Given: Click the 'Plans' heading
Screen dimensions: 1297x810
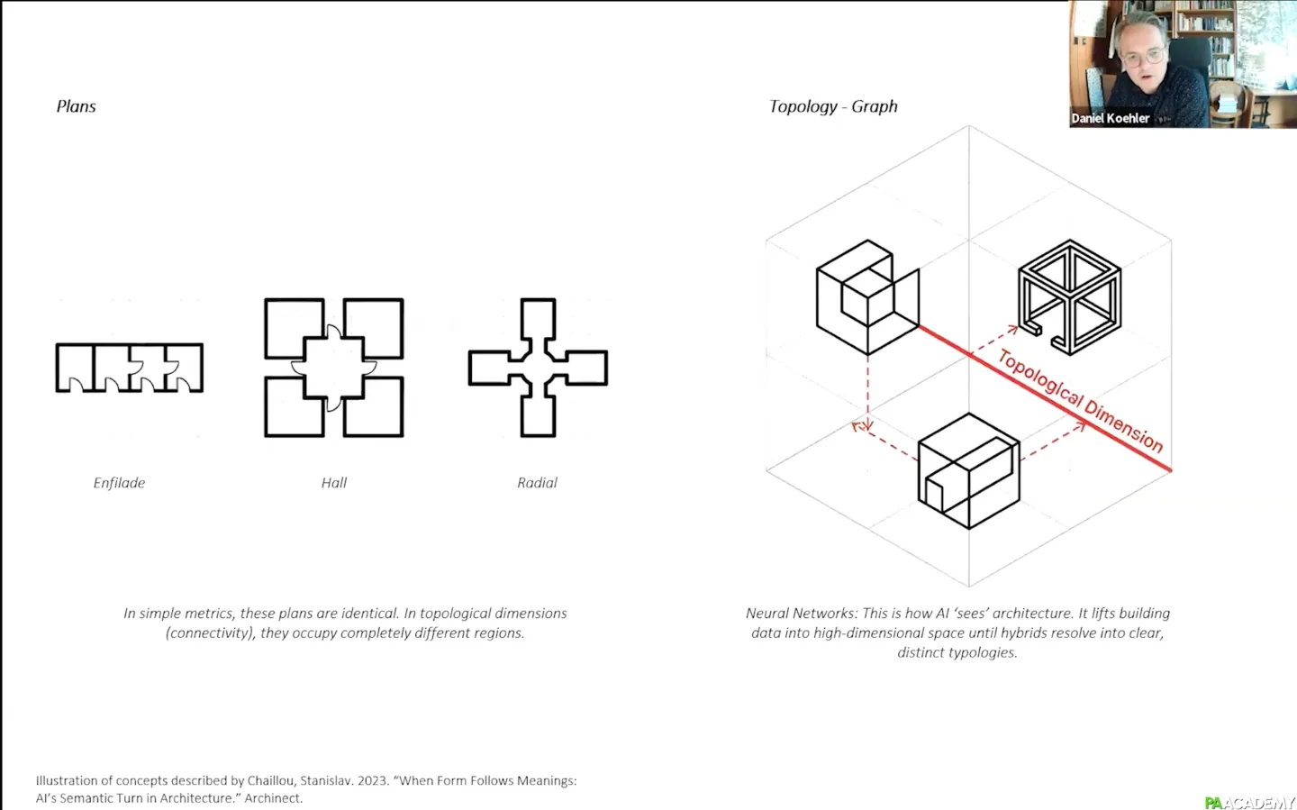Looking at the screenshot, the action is (76, 106).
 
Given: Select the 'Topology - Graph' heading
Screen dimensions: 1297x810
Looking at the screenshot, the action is (833, 106).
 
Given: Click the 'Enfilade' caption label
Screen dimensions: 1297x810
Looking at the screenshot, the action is (119, 483).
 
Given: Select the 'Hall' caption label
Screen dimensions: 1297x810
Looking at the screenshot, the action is (334, 483).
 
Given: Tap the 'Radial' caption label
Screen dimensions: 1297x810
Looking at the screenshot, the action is (538, 483).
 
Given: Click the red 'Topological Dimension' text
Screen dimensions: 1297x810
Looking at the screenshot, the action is (1081, 401).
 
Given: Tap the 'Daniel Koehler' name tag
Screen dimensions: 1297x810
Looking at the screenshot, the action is (1110, 119).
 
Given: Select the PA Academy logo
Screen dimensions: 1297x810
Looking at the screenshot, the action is (1250, 803).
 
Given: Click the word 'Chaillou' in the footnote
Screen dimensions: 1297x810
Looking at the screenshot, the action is (270, 780).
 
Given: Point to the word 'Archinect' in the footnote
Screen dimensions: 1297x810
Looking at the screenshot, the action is (273, 797).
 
